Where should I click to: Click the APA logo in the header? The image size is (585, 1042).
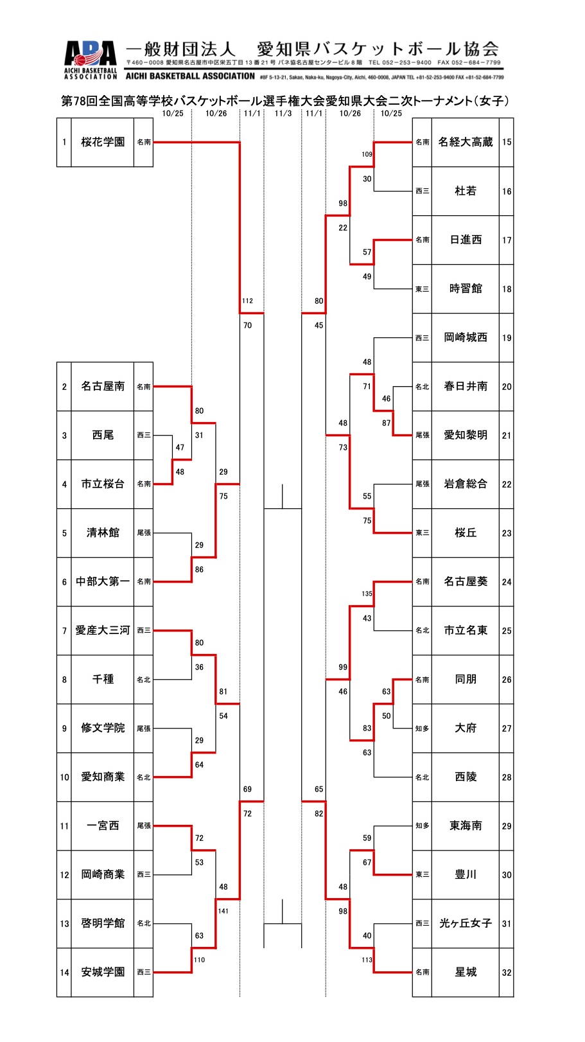(91, 54)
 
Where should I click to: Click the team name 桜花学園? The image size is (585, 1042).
(103, 142)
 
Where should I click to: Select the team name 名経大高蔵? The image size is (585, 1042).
(465, 142)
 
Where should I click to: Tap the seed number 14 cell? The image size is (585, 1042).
(64, 973)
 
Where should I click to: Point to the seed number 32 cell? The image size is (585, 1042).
(507, 973)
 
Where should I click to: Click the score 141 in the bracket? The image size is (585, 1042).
(223, 911)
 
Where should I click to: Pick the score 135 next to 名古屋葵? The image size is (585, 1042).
(367, 594)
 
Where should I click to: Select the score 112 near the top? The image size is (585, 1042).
(247, 301)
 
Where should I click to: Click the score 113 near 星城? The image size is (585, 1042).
(367, 960)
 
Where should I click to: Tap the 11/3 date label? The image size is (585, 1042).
(283, 113)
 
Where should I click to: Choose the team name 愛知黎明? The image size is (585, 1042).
(465, 435)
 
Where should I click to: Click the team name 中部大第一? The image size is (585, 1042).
(103, 581)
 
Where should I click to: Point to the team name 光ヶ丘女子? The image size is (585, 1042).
(465, 923)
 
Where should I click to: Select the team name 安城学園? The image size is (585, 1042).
(103, 972)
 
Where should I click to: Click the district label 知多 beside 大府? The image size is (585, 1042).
(422, 729)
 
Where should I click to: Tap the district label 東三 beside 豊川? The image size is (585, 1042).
(422, 875)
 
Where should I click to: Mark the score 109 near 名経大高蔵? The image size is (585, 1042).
(367, 154)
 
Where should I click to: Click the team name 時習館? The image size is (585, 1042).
(465, 288)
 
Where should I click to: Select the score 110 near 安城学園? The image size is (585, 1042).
(198, 960)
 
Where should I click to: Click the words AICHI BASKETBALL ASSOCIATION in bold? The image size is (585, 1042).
(191, 76)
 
